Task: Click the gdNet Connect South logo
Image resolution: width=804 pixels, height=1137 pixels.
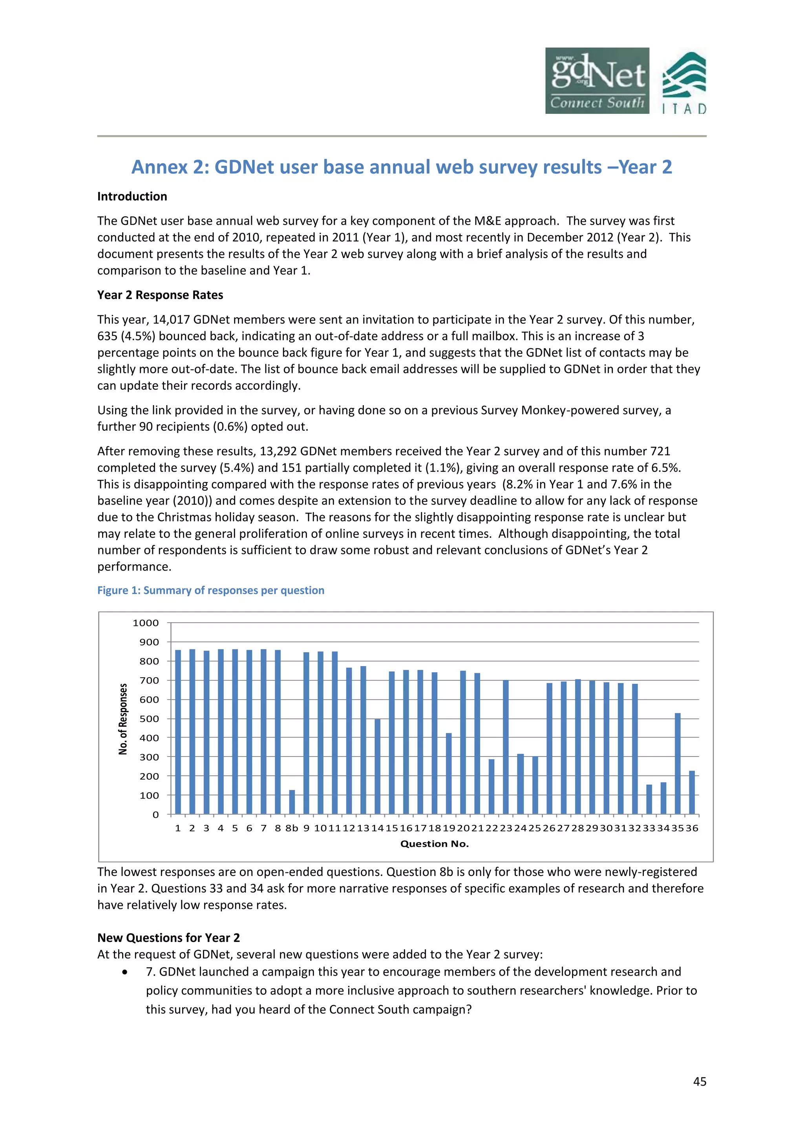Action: coord(597,81)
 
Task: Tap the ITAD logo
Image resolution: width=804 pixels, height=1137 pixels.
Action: coord(684,83)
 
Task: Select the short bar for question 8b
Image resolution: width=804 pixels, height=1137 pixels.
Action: coord(292,802)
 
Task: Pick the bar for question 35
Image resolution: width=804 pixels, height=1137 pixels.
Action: coord(677,763)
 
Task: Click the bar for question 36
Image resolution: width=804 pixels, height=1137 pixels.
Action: coord(692,792)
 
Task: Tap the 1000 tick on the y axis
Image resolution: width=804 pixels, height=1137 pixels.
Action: coord(146,623)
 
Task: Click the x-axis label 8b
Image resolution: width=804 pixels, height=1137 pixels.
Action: coord(292,828)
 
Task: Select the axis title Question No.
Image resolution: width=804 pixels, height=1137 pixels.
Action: coord(434,844)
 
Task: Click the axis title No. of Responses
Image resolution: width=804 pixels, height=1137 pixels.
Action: coord(123,718)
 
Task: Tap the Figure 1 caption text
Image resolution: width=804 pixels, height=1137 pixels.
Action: coord(210,590)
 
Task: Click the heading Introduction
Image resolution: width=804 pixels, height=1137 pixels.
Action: coord(132,197)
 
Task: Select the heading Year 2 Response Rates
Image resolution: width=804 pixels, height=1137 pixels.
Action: coord(160,295)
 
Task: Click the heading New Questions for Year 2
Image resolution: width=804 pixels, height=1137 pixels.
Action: coord(168,938)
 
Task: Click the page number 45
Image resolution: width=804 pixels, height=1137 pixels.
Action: coord(700,1082)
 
